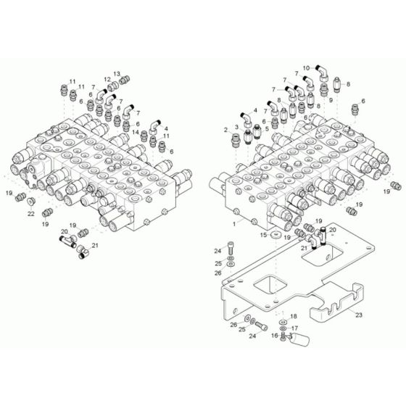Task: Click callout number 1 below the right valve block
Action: tap(234, 224)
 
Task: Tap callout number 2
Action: tap(226, 129)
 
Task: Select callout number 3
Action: tap(236, 127)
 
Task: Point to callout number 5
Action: tap(266, 128)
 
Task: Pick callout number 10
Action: tap(306, 65)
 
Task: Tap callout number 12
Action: tap(106, 80)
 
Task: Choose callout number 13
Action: tap(118, 75)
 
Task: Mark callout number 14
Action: tap(136, 132)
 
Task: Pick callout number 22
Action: tap(31, 215)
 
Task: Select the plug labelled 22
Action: tap(31, 203)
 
